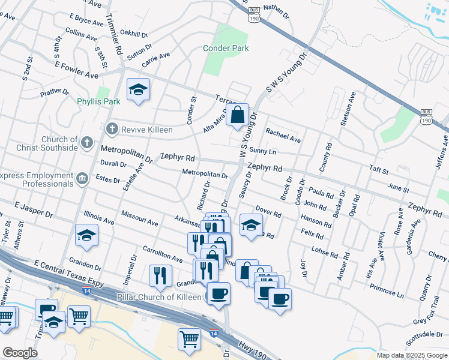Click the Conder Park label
226,48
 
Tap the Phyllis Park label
99,101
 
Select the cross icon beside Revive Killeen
111,129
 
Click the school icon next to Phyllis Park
139,91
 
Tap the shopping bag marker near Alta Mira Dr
238,114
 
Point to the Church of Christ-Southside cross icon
87,143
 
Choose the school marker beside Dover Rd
251,225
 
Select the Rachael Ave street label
283,136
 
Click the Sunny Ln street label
262,150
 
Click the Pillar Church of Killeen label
158,297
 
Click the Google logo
20,353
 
